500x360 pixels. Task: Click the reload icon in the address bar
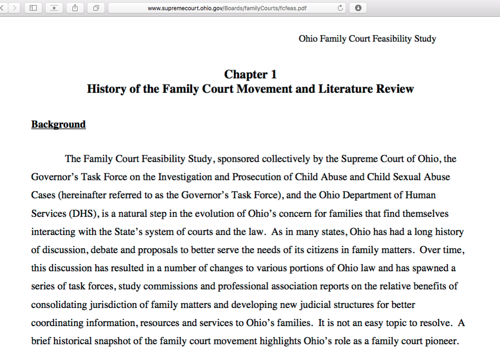pos(340,8)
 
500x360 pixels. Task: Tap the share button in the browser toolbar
pos(75,8)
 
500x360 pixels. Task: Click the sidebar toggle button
pos(33,8)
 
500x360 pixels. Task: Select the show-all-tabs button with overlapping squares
pos(96,8)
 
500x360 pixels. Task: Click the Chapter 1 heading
pos(250,74)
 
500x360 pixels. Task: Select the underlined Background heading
pos(59,124)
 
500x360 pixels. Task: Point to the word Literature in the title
pos(345,89)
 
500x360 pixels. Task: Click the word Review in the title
pos(395,89)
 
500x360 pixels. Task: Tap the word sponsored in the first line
pos(238,159)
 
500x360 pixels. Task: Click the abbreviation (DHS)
pos(84,214)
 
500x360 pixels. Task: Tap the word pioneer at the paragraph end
pos(440,341)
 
